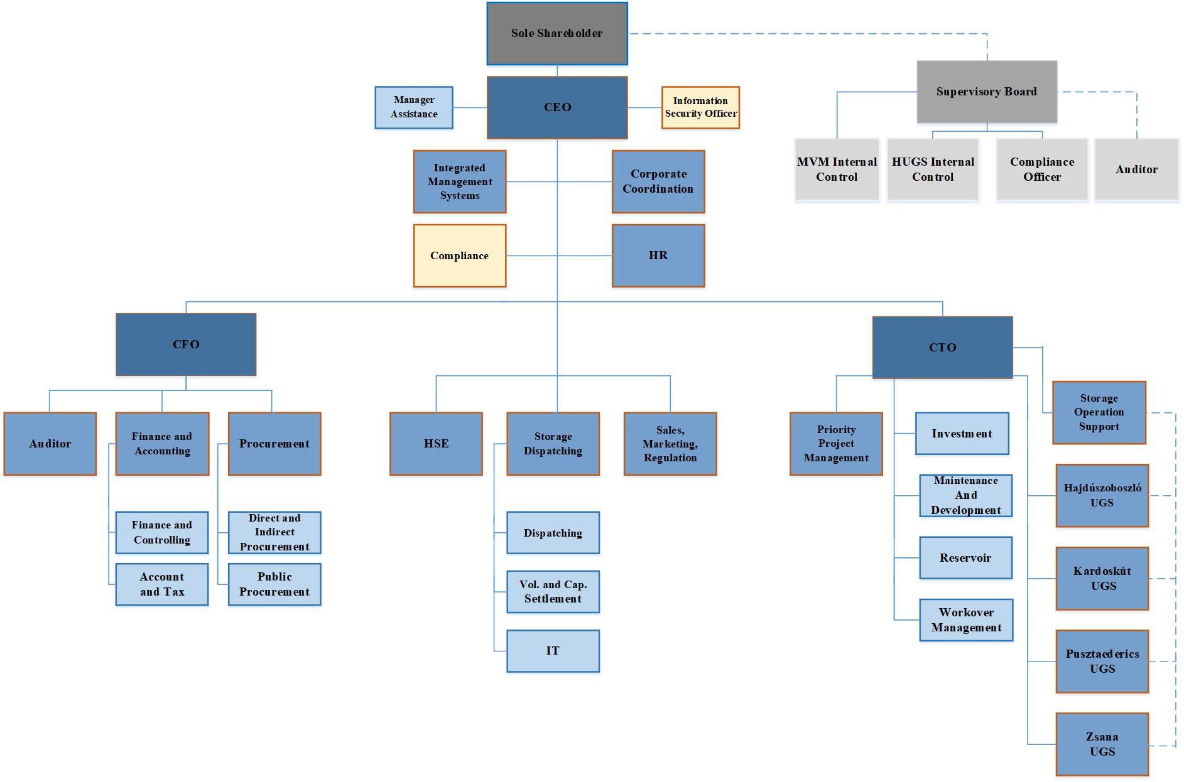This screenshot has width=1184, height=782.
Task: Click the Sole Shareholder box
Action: pos(557,33)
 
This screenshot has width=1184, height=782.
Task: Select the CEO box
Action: pos(557,107)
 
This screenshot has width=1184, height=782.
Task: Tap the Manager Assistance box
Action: pos(414,107)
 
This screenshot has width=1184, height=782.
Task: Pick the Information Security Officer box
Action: pos(700,107)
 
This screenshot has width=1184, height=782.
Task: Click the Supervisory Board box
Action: pos(987,92)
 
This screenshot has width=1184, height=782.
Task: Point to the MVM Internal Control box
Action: pos(837,169)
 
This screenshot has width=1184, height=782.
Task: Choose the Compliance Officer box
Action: pos(1042,169)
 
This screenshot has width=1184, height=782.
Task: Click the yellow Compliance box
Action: pos(460,255)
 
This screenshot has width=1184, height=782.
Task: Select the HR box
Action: pos(658,255)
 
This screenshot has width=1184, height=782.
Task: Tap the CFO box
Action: pos(186,345)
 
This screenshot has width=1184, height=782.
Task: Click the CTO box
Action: pos(942,348)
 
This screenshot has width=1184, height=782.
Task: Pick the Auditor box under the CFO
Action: pos(50,444)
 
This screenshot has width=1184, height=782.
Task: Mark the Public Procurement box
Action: pos(274,584)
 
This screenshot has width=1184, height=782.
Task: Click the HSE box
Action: pos(436,444)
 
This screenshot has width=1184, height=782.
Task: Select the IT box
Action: pos(553,651)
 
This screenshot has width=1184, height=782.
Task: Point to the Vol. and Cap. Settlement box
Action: pos(553,592)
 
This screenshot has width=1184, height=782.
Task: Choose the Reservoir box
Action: pos(965,558)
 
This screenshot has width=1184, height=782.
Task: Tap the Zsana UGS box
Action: pos(1102,744)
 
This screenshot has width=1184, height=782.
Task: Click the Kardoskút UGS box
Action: pos(1102,579)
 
